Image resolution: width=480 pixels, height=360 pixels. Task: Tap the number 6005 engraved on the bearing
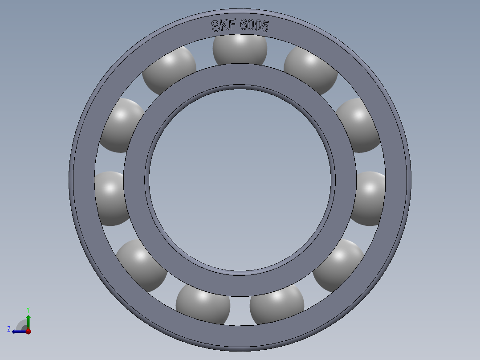point(254,26)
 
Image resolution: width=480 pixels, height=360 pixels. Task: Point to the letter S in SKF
point(216,26)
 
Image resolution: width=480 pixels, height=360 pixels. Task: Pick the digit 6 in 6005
point(244,25)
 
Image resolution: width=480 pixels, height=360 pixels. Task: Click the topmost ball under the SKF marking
point(240,49)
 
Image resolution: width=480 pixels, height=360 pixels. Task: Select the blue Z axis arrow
point(18,331)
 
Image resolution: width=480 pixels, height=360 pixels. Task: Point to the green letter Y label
point(28,309)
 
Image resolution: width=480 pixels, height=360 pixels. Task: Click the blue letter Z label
point(9,329)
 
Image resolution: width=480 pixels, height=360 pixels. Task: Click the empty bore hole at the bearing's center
point(240,178)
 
